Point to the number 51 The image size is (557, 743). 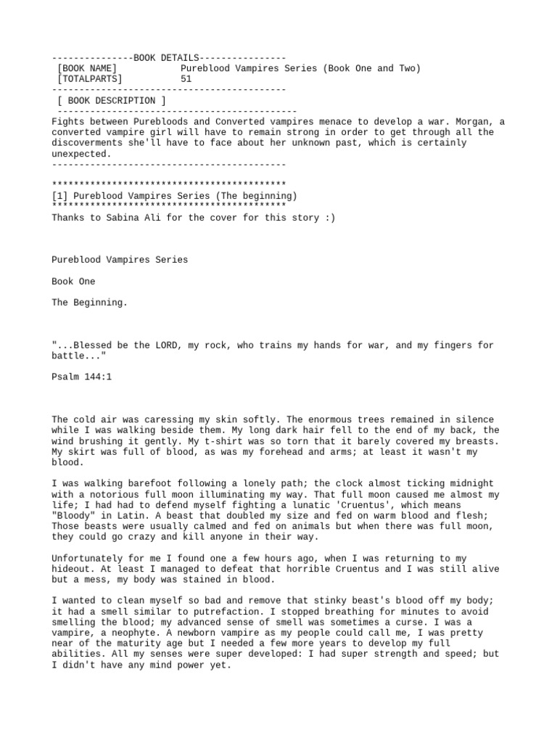pyautogui.click(x=186, y=79)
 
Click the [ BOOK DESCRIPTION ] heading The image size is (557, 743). pyautogui.click(x=112, y=100)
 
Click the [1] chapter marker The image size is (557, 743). pyautogui.click(x=60, y=196)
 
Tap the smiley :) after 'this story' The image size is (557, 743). pyautogui.click(x=329, y=217)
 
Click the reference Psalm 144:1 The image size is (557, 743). pyautogui.click(x=82, y=377)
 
